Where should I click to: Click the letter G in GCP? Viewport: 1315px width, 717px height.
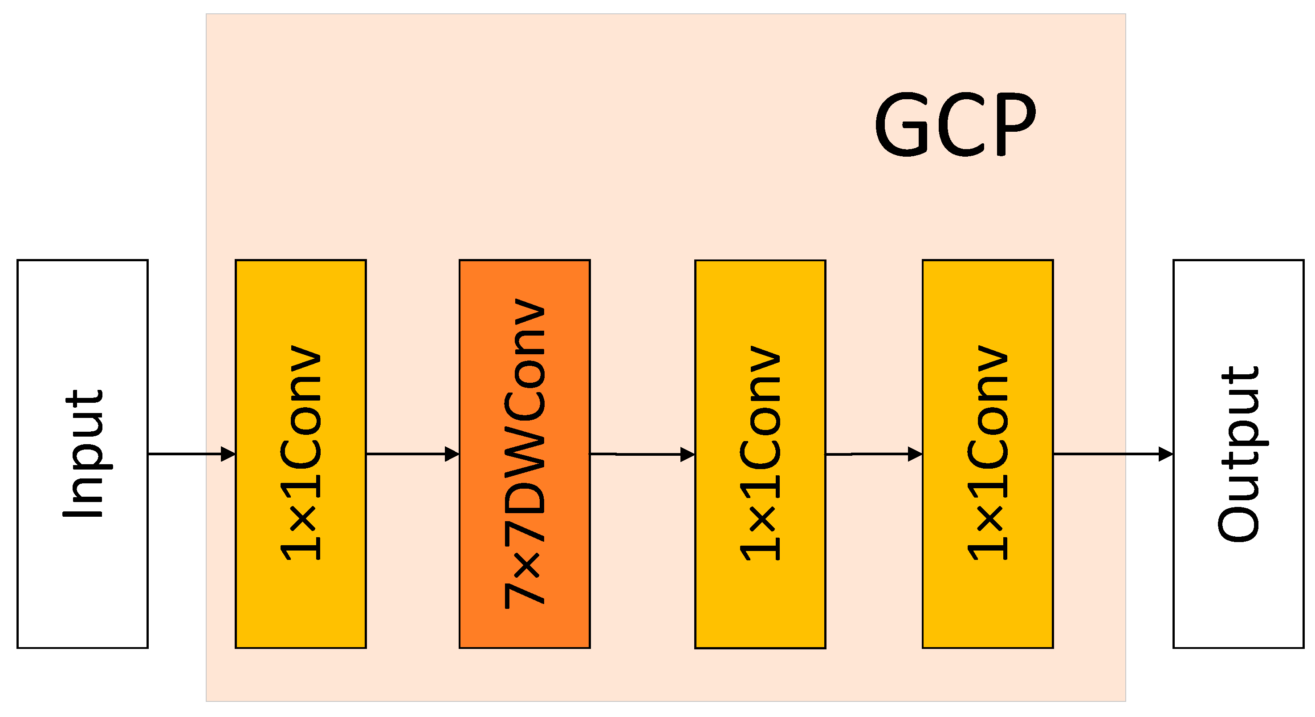pos(901,125)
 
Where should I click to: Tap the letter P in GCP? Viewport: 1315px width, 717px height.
pos(1016,125)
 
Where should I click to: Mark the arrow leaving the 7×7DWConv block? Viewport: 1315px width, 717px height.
pos(635,454)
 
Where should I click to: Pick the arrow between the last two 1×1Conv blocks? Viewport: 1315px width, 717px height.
pos(868,454)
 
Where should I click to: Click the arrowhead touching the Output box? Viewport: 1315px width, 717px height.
pos(1166,454)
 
